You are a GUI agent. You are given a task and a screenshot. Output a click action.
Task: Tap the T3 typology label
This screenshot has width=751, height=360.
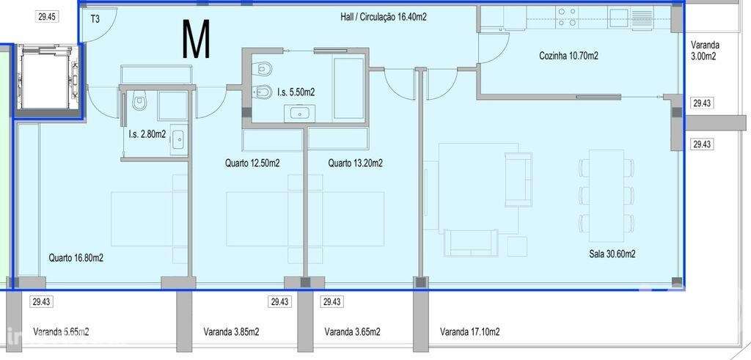95,20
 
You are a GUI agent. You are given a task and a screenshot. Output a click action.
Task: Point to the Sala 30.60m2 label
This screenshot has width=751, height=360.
612,254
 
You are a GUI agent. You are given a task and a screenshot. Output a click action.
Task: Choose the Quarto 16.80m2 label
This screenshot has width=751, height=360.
76,258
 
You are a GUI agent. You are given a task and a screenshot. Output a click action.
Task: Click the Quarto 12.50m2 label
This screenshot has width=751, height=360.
252,164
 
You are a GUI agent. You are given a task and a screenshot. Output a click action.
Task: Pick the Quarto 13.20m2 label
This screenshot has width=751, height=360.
355,164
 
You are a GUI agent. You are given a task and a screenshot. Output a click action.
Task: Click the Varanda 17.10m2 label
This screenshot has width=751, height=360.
470,332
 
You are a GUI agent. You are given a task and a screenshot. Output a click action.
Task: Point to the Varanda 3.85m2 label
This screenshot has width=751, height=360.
231,332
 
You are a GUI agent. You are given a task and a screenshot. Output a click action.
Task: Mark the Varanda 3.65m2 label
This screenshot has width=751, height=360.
352,332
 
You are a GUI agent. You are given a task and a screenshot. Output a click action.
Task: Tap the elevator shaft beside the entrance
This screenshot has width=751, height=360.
45,81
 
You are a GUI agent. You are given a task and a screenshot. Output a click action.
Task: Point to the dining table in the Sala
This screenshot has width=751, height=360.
607,188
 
